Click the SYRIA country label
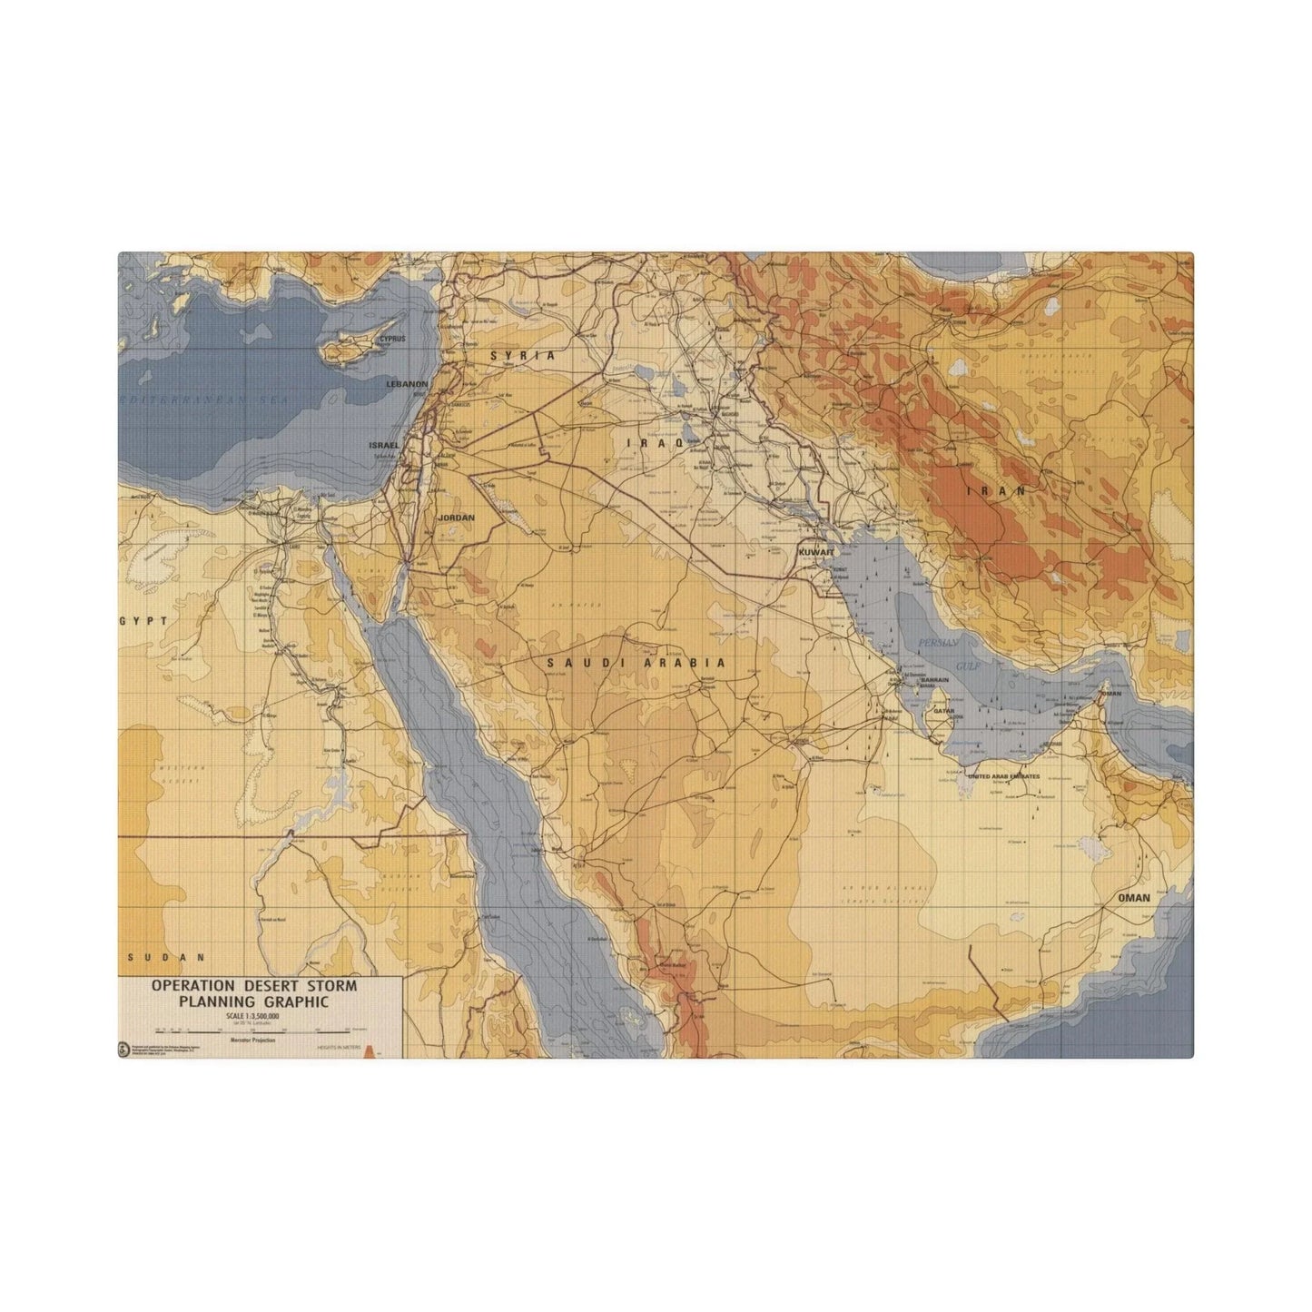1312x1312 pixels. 522,356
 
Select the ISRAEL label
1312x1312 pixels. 383,446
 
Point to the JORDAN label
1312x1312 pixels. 457,518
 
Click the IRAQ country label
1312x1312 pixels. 642,441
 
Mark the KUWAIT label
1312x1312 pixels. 814,552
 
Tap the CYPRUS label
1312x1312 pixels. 392,339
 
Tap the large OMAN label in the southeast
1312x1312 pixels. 1135,898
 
